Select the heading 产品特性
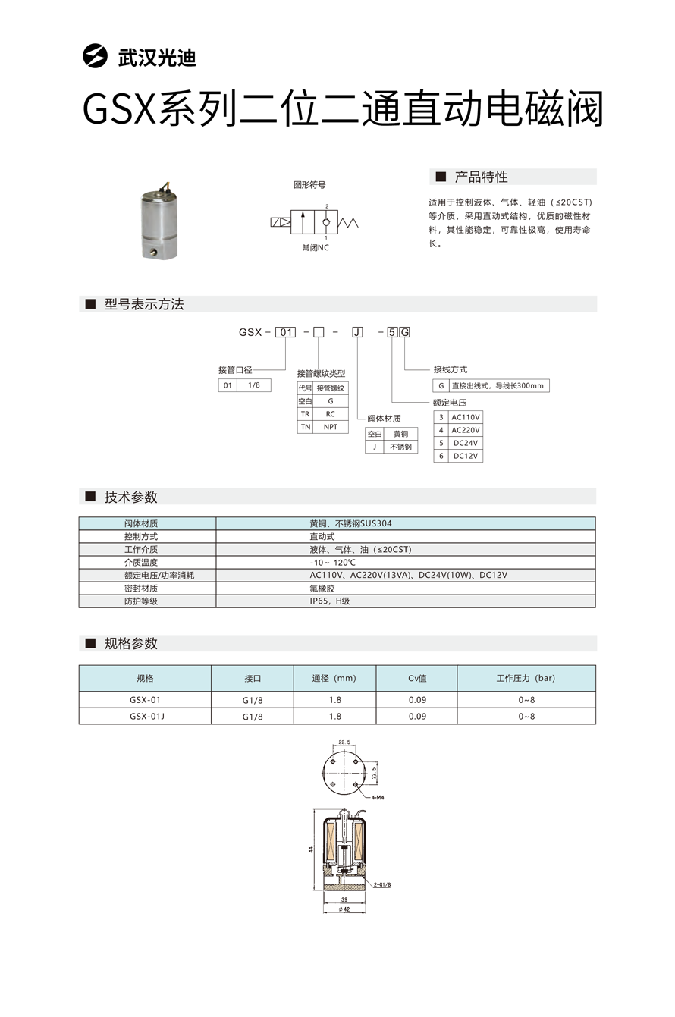coord(481,177)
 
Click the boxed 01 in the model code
coord(285,332)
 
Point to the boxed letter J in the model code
coord(357,332)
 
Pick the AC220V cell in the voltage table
coord(466,430)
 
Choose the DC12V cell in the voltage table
coord(466,456)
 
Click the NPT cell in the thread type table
coord(331,427)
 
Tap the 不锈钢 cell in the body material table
coord(400,447)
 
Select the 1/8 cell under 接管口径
coord(254,385)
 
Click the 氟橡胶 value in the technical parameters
coord(322,589)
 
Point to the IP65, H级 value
coord(330,601)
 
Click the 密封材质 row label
coord(141,589)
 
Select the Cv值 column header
coord(417,678)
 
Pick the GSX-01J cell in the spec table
coord(146,716)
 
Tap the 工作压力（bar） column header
coord(526,678)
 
